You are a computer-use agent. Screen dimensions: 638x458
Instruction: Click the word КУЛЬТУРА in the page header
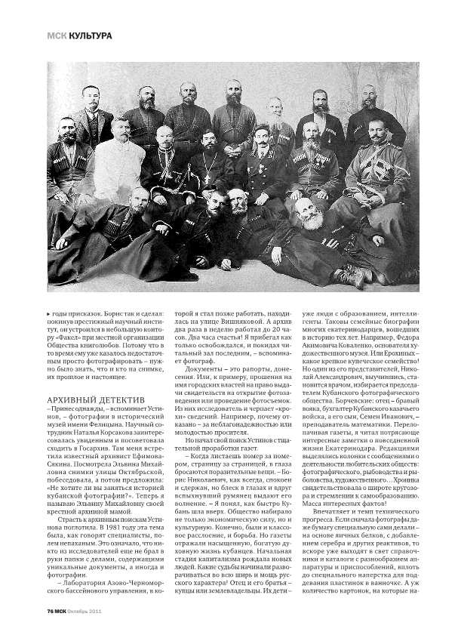87,35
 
